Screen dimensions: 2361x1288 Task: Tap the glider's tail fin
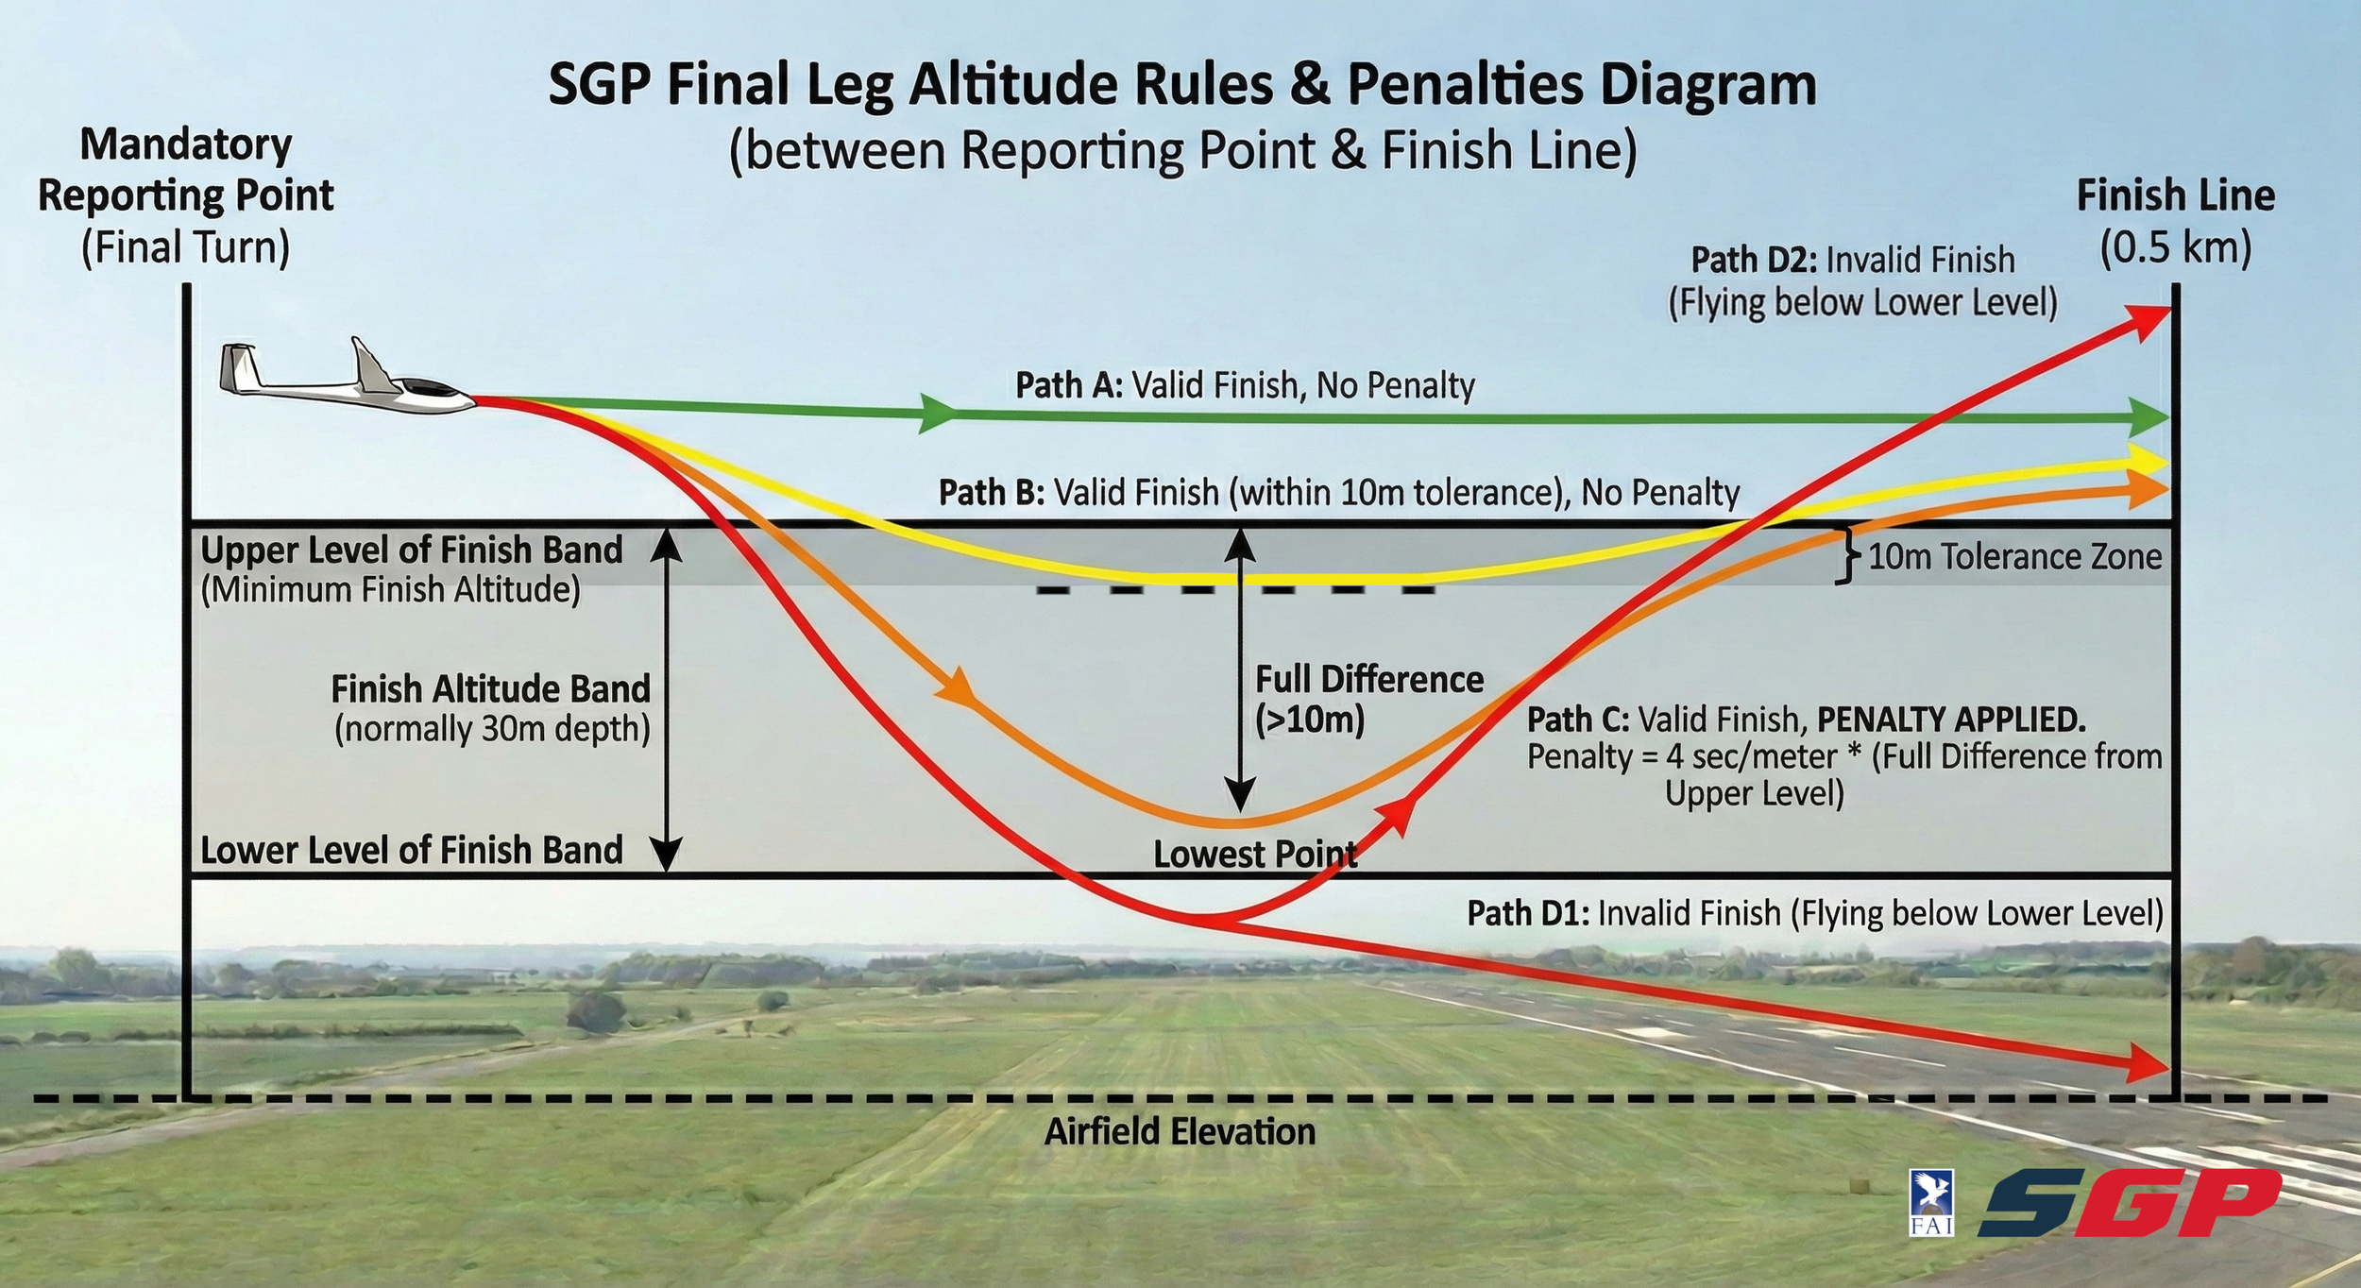pyautogui.click(x=239, y=368)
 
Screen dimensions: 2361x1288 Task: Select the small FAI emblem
pyautogui.click(x=1931, y=1201)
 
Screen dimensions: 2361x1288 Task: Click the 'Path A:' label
pyautogui.click(x=1068, y=385)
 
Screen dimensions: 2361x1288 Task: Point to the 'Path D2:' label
pyautogui.click(x=1755, y=260)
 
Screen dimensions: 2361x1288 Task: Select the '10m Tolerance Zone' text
pyautogui.click(x=2014, y=556)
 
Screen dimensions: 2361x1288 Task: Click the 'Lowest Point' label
pyautogui.click(x=1255, y=854)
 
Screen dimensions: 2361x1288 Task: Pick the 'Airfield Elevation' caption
pyautogui.click(x=1180, y=1131)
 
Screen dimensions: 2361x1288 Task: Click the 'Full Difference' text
pyautogui.click(x=1368, y=680)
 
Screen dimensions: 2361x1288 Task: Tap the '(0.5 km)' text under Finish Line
pyautogui.click(x=2175, y=247)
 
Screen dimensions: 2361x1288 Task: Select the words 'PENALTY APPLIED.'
pyautogui.click(x=1951, y=720)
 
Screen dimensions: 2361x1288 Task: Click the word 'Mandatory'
pyautogui.click(x=186, y=144)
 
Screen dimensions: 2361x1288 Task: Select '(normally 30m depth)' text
pyautogui.click(x=492, y=729)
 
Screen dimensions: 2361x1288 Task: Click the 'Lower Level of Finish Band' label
pyautogui.click(x=412, y=850)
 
